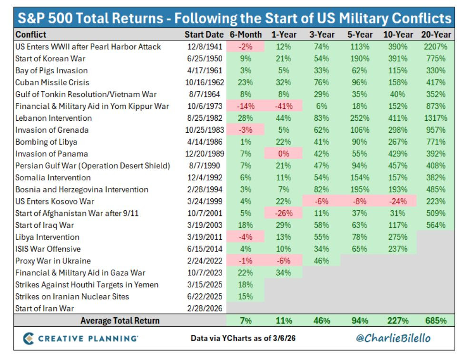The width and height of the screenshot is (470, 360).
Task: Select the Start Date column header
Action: (x=204, y=35)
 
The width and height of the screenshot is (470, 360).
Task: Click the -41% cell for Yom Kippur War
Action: (x=284, y=106)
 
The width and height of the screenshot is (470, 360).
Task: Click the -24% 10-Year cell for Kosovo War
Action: (x=398, y=201)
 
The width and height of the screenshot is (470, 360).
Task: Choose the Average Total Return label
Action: (x=120, y=321)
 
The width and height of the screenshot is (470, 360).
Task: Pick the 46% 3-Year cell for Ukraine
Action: (x=322, y=261)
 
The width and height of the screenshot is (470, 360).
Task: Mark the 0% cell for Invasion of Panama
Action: (x=284, y=154)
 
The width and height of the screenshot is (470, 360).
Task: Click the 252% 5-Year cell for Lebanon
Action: (x=360, y=118)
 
